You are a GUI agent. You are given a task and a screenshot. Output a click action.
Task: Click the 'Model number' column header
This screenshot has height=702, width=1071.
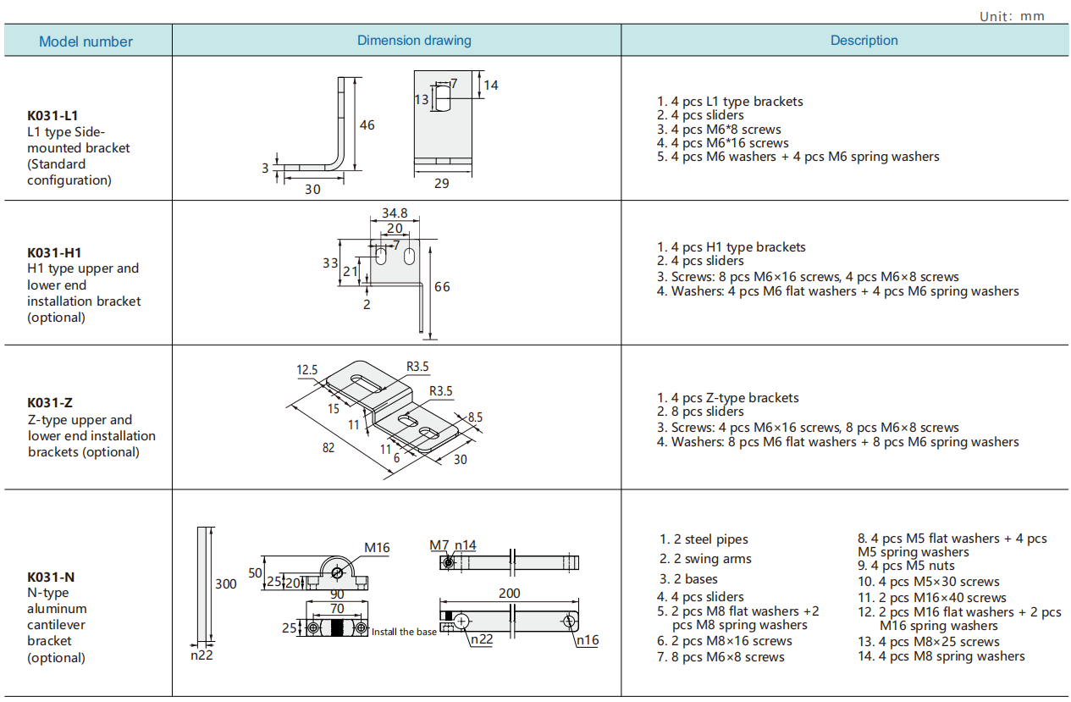coord(86,41)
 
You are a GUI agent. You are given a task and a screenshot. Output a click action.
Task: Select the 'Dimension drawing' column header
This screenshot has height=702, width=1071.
coord(414,41)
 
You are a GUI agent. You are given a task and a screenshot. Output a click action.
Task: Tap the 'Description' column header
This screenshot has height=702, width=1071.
coord(864,41)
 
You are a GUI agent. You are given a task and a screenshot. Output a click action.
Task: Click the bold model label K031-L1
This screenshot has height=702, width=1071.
coord(53,115)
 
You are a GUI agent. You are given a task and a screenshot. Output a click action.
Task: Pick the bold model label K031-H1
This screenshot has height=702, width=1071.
coord(54,252)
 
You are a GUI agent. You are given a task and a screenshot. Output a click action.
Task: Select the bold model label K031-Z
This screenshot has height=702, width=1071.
coord(50,403)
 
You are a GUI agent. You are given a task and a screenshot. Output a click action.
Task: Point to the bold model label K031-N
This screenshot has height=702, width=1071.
coord(51,577)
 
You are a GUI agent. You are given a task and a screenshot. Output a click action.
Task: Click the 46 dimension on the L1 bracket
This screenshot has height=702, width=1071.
coord(367,125)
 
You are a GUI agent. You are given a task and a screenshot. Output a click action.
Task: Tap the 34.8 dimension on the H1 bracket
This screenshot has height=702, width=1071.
coord(395,213)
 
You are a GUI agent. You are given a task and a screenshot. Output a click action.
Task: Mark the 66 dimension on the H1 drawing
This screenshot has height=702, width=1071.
coord(442,287)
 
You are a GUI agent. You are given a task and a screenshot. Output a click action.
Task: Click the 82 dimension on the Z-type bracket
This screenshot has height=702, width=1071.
coord(328,447)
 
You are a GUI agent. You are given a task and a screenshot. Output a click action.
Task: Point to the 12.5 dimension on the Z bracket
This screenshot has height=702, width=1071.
coord(306,370)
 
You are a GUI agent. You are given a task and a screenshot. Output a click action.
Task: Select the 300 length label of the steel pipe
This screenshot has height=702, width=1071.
coord(225,583)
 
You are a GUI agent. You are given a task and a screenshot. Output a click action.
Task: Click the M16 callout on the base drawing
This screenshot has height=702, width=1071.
coord(377,548)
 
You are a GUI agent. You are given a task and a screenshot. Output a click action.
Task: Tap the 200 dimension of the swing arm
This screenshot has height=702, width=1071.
coord(509,594)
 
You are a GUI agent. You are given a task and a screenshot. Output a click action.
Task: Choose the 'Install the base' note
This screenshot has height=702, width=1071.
coord(405,632)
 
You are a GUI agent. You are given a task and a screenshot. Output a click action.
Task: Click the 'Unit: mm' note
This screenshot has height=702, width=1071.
coord(1012,16)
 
